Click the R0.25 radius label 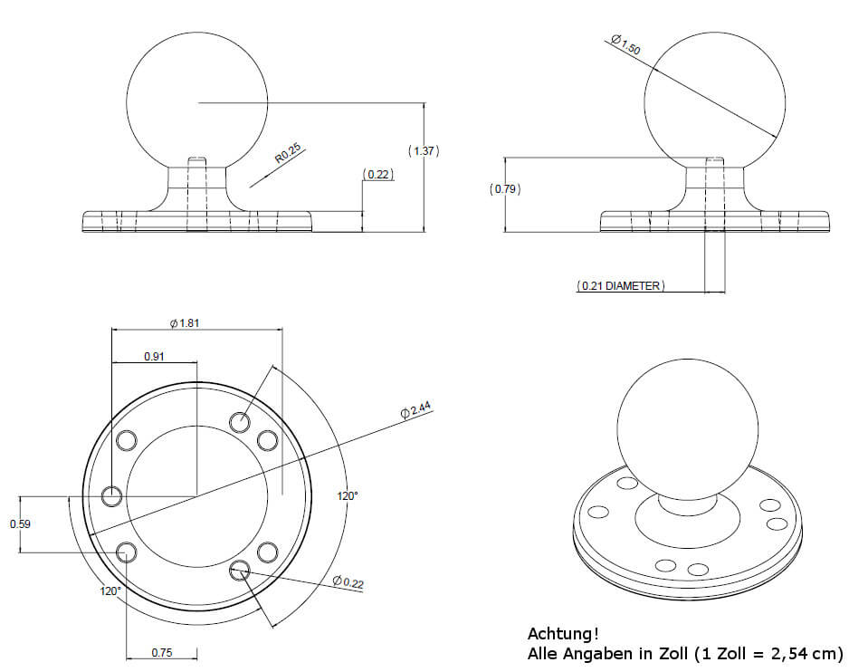[288, 153]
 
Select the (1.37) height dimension [424, 150]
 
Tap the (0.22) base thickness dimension [378, 174]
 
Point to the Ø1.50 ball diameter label [625, 44]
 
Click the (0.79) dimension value [505, 189]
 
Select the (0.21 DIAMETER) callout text [621, 286]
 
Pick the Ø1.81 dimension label [185, 323]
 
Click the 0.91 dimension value [154, 357]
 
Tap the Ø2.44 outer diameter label [415, 409]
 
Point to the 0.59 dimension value [20, 524]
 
